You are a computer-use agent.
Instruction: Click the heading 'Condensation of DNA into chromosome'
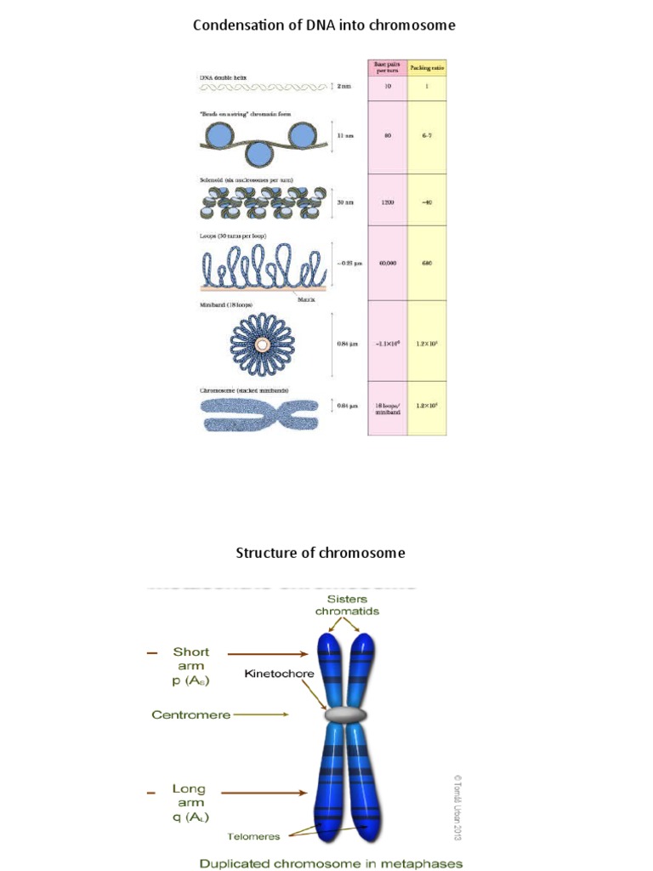[324, 26]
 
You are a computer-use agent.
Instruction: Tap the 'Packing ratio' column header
[427, 66]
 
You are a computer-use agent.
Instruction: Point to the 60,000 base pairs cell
[388, 264]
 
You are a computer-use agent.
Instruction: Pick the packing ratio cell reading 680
[427, 264]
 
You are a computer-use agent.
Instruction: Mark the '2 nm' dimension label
[344, 87]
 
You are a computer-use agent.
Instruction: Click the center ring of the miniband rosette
[262, 344]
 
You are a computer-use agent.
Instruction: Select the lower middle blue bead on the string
[262, 156]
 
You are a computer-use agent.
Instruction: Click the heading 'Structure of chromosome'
[320, 553]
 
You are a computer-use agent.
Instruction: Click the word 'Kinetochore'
[279, 674]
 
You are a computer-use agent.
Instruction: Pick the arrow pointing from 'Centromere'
[264, 715]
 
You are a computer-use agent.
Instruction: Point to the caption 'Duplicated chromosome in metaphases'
[331, 863]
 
